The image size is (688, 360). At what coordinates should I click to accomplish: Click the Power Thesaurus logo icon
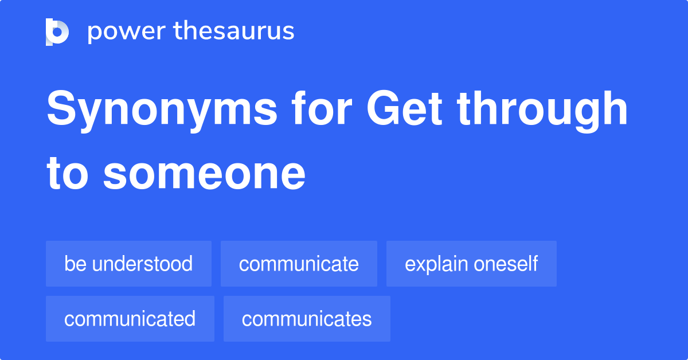click(x=57, y=32)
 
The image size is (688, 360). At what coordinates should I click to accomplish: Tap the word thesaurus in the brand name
click(x=234, y=32)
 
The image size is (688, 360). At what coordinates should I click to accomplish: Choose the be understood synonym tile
click(x=128, y=264)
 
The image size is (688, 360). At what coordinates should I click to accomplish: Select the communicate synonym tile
click(x=299, y=264)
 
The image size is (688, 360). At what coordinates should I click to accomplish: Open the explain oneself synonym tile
click(x=471, y=264)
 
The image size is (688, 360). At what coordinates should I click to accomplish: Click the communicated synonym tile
click(x=130, y=319)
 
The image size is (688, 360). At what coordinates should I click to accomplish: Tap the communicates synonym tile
click(x=307, y=319)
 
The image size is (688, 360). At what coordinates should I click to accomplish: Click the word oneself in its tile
click(x=505, y=264)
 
